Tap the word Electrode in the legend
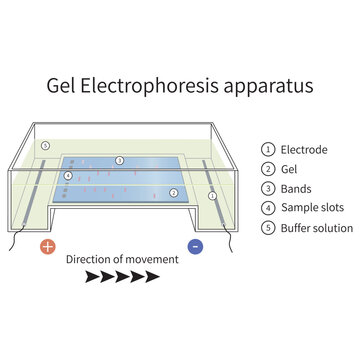[x=304, y=150]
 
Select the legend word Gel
[x=291, y=169]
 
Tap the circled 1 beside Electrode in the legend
[x=268, y=150]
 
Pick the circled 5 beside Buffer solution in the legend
[x=268, y=228]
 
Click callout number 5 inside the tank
[x=45, y=146]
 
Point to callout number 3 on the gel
[x=119, y=160]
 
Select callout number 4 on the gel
[x=68, y=176]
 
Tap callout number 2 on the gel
[x=173, y=192]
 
